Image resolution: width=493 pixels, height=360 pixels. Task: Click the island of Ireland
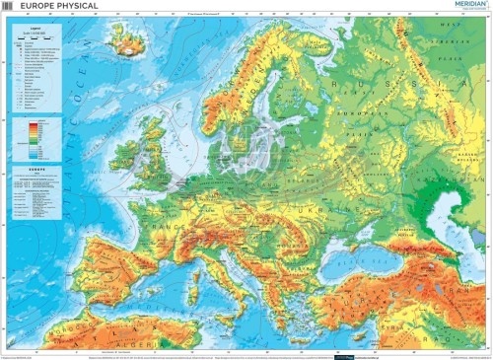(123, 154)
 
